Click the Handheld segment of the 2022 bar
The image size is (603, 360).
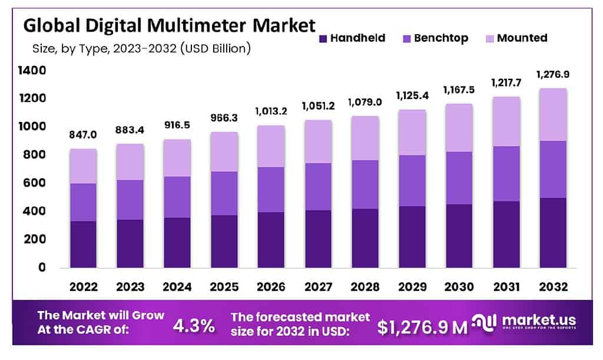[83, 244]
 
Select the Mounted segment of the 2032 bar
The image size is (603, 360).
[554, 114]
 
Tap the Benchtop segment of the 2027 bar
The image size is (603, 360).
[319, 186]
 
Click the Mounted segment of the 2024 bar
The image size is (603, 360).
[177, 157]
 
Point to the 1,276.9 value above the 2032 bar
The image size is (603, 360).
[554, 75]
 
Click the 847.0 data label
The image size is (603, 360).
[83, 135]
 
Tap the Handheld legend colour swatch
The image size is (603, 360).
[322, 38]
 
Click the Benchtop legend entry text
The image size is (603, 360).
[441, 38]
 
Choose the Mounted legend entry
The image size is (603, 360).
[522, 38]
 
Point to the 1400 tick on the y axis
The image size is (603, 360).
[32, 70]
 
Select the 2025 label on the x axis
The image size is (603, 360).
[224, 287]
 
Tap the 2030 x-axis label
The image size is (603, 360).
[460, 287]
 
